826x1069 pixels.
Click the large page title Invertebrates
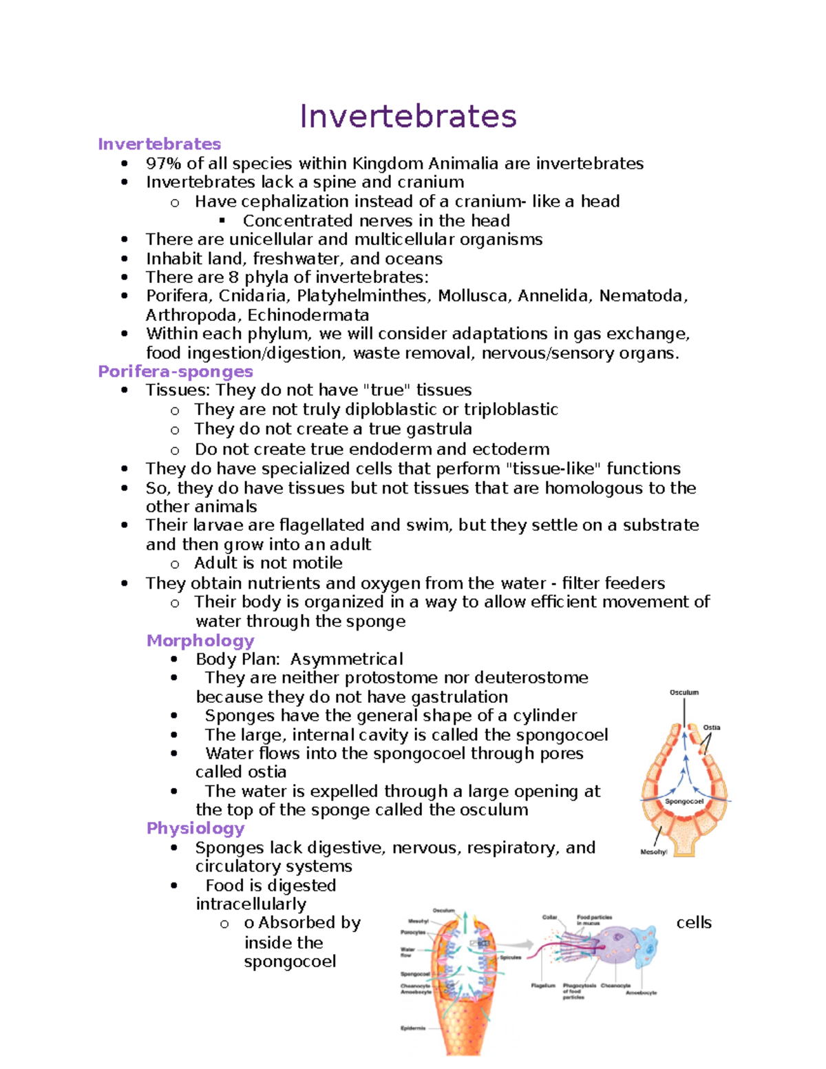(408, 116)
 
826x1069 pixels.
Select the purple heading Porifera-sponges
(176, 372)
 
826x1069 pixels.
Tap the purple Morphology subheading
(200, 641)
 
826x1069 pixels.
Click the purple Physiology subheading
(195, 828)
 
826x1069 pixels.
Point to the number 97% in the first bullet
(163, 164)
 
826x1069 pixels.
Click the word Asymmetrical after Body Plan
(346, 659)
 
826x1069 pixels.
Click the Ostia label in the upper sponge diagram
(711, 728)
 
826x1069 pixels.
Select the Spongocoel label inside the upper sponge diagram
(684, 801)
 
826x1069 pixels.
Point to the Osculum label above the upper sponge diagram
(684, 692)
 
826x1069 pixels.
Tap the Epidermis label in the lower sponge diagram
(413, 1028)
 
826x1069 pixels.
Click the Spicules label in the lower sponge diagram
(511, 957)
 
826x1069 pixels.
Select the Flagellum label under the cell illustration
(543, 986)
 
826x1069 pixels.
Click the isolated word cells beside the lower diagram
(694, 923)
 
